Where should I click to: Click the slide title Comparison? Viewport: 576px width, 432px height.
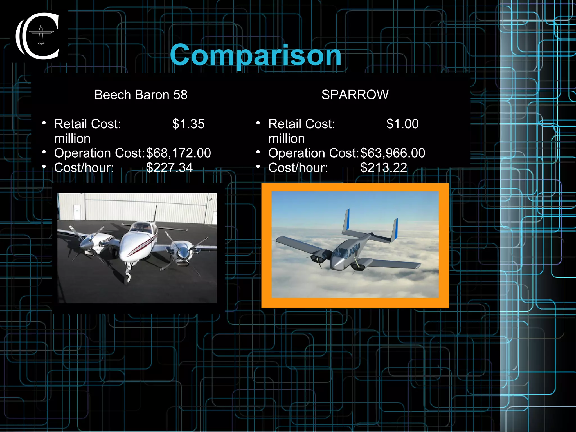point(255,55)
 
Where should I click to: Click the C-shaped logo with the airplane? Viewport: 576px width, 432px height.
point(38,36)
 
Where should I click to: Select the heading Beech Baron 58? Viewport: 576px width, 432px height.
point(141,95)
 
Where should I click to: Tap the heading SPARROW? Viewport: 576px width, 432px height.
point(355,95)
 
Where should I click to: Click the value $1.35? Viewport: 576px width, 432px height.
point(188,124)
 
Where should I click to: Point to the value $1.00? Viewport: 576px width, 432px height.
point(402,124)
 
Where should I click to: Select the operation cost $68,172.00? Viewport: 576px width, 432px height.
point(178,153)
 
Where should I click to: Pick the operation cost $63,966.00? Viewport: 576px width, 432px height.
point(393,153)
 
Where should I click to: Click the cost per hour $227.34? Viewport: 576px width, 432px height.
point(169,168)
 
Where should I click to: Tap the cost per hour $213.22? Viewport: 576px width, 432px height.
point(384,168)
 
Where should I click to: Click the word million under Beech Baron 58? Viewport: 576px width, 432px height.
point(72,139)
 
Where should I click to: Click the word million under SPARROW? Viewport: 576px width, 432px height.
point(286,139)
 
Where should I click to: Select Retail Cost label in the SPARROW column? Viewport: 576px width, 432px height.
point(301,124)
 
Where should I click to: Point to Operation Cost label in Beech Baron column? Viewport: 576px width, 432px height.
point(99,153)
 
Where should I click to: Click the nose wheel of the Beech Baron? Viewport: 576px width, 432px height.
point(128,277)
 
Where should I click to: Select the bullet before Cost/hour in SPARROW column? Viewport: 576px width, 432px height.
point(258,167)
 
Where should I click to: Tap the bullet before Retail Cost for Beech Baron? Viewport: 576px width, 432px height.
point(44,123)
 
